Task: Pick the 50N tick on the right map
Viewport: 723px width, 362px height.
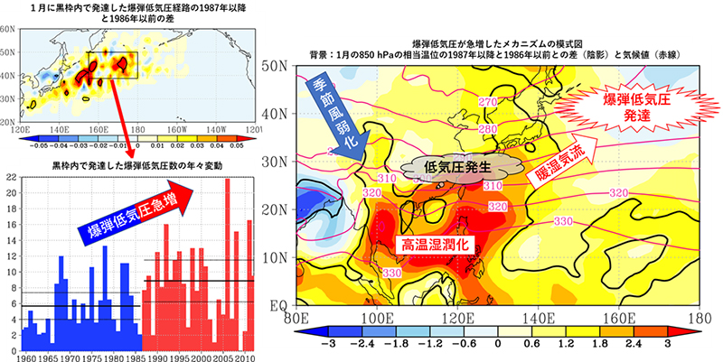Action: [274, 65]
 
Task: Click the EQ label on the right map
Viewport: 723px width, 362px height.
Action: [277, 308]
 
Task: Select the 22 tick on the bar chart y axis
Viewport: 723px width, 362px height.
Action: [11, 179]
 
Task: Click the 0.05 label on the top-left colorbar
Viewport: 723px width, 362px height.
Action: [237, 144]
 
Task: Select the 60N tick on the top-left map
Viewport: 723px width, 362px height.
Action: [7, 30]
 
